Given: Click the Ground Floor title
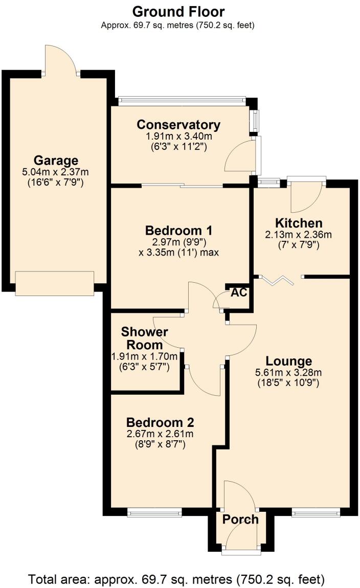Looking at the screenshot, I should tap(178, 11).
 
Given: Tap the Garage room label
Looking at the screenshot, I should tap(56, 161).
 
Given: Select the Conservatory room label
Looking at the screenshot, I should tap(178, 125).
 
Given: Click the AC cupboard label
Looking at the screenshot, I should tap(239, 292).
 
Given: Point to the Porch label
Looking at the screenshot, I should tap(240, 519).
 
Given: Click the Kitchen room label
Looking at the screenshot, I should tap(299, 223).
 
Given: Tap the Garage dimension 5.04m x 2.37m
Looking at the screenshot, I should tap(56, 172).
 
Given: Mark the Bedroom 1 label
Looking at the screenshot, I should tap(178, 230).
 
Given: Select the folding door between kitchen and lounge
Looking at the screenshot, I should tap(279, 279).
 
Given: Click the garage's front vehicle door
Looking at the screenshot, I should tap(55, 283).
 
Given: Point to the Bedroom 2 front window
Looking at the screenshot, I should tap(154, 511).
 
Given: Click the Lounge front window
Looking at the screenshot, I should tap(316, 511).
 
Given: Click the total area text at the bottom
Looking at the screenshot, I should tap(176, 579).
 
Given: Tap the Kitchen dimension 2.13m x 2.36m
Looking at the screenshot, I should tap(299, 235).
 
